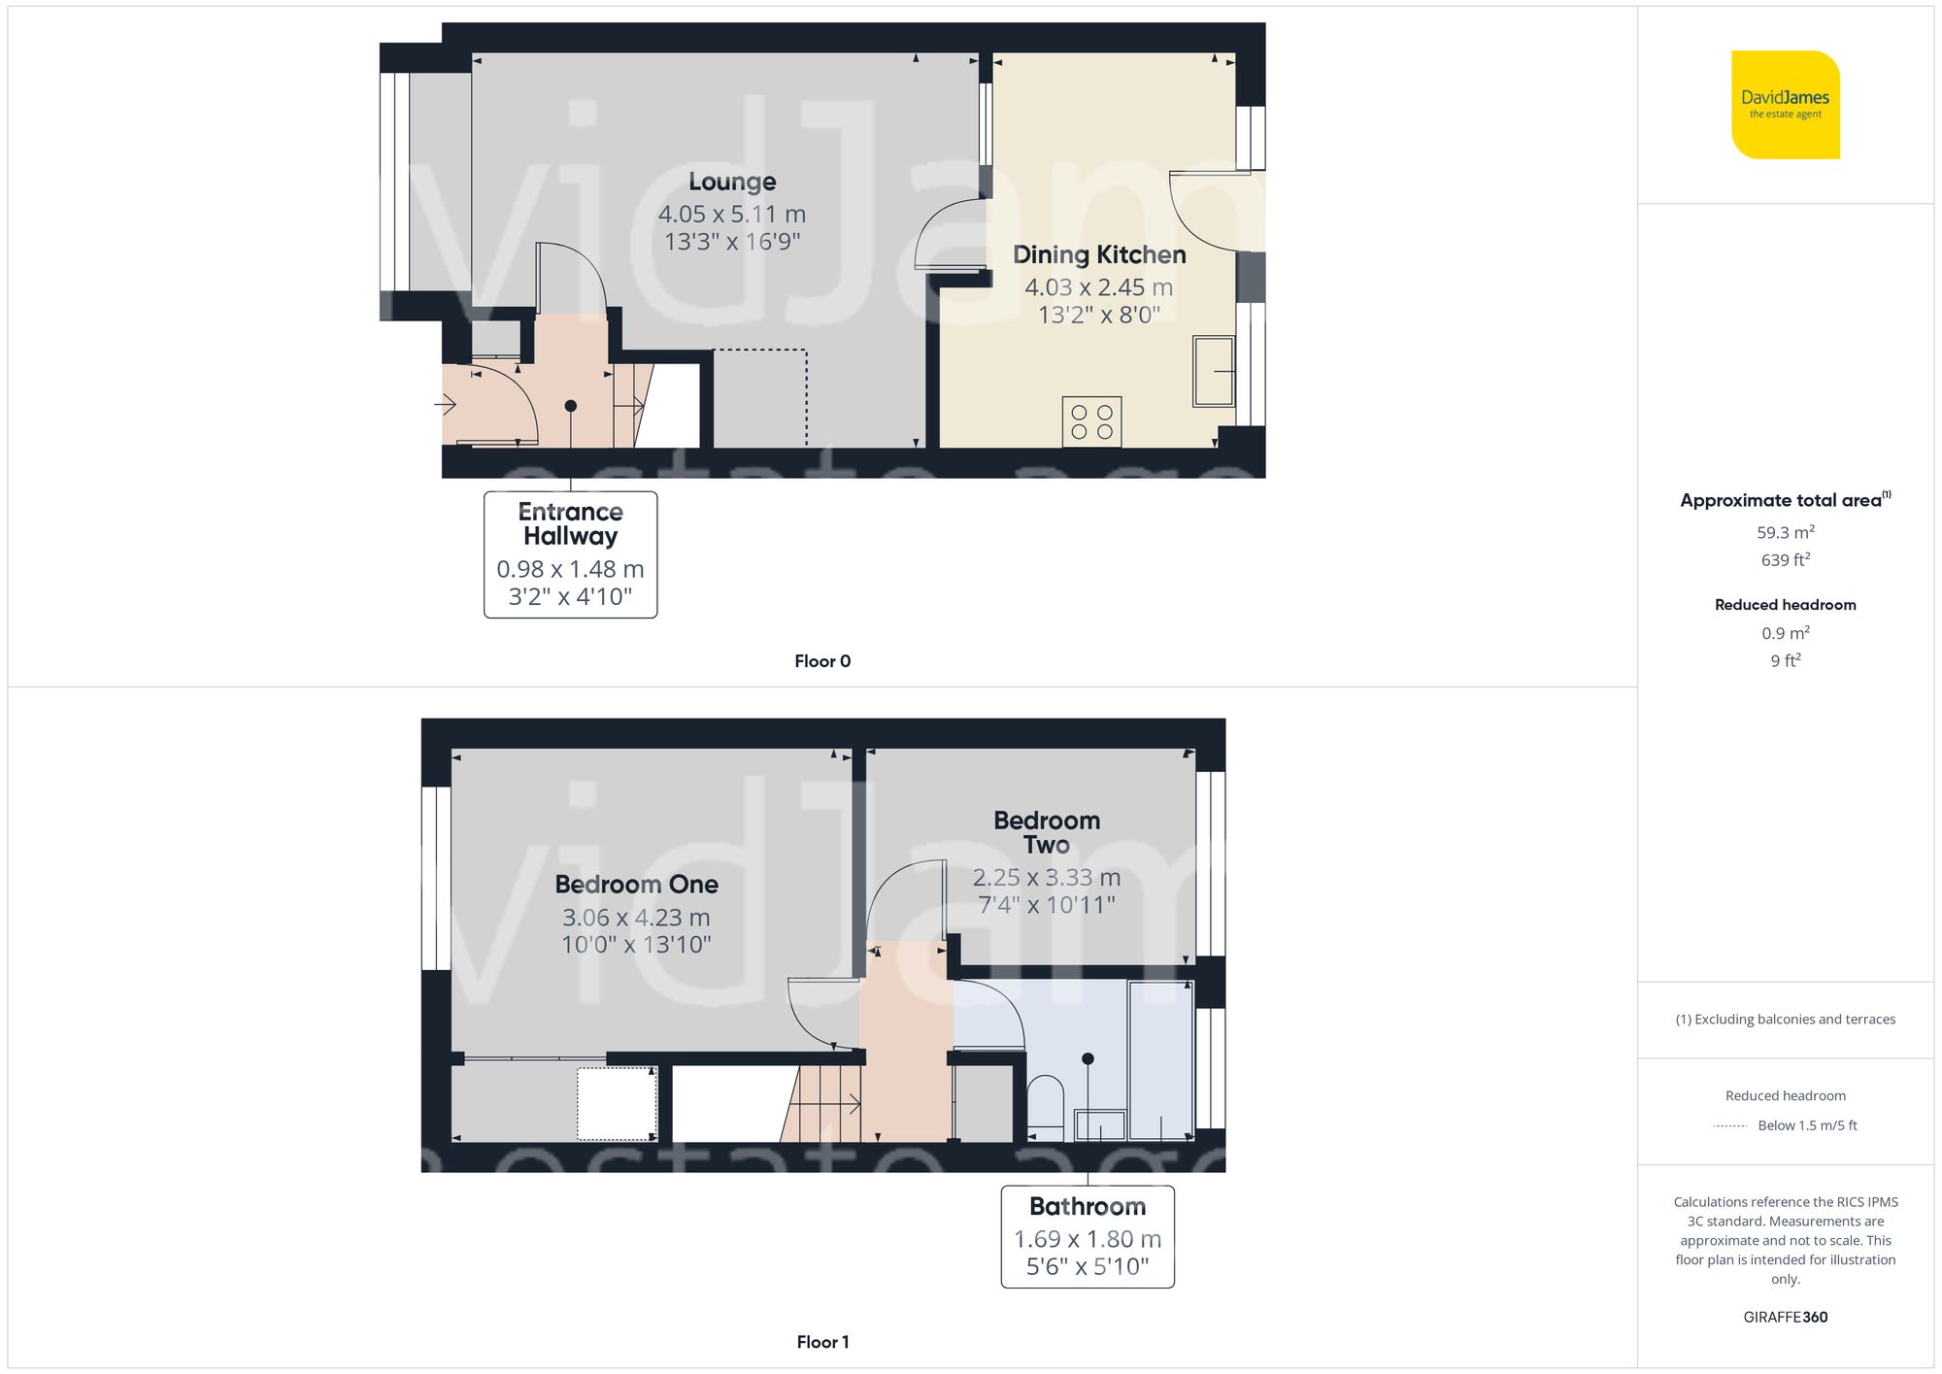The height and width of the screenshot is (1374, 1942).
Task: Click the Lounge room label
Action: coord(732,182)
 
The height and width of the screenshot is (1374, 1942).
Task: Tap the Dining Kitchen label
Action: coord(1099,254)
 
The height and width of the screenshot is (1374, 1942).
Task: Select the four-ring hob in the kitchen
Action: coord(1091,421)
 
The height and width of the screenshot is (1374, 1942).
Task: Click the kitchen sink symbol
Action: coord(1213,371)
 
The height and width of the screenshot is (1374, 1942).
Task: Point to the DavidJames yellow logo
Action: coord(1785,105)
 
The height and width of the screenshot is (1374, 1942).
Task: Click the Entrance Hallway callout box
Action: coord(570,553)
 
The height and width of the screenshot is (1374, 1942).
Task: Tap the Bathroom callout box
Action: coord(1088,1236)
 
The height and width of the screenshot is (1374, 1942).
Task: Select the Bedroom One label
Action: coord(636,885)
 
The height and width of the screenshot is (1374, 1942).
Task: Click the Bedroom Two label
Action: coord(1047,832)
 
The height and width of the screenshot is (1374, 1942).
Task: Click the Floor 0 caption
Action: coord(822,661)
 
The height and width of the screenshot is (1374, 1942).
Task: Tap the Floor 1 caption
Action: coord(822,1342)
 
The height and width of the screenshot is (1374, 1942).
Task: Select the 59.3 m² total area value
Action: coord(1785,532)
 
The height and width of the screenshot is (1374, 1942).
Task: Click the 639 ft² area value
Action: coord(1785,560)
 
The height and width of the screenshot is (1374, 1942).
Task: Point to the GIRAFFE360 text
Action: coord(1785,1317)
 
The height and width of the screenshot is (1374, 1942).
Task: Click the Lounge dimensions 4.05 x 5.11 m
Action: coord(732,214)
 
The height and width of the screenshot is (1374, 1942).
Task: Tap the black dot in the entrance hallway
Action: coord(570,406)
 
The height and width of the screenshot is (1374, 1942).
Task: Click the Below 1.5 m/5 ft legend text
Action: coord(1807,1125)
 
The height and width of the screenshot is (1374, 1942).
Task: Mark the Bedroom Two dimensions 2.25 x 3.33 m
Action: coord(1047,878)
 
